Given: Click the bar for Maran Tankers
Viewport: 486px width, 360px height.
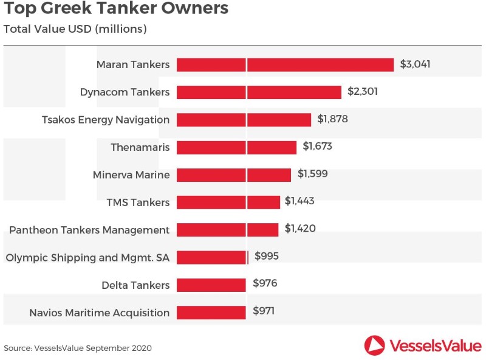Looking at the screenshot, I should (286, 64).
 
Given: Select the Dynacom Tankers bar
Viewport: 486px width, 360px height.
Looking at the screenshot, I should (259, 92).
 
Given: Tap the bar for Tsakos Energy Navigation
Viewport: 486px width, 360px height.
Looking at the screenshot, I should (244, 119).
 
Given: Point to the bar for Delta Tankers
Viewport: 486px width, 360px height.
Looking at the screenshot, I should (211, 285).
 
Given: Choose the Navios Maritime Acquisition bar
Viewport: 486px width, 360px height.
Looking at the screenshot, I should (211, 313).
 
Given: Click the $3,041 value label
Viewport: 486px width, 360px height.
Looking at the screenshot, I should (415, 64).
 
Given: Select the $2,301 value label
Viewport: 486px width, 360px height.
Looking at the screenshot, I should (363, 92).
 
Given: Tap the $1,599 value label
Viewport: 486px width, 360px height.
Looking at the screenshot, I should (312, 175).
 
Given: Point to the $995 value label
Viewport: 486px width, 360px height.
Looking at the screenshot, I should (267, 257).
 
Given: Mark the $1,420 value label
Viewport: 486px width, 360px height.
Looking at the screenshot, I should (300, 229).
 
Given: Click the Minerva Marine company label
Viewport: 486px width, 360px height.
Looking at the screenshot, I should (131, 175).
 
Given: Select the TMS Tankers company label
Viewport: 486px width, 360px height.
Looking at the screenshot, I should (138, 202).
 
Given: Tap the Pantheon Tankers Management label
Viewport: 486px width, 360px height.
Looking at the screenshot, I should (89, 230).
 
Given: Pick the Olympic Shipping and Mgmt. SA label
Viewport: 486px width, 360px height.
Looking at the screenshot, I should (87, 257).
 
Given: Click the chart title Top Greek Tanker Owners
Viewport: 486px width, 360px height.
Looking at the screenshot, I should (116, 9).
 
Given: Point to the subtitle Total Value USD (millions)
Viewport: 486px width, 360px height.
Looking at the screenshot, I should (75, 29).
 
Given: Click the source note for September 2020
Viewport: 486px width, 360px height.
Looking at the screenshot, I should (77, 348).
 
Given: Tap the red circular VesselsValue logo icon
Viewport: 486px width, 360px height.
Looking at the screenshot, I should (375, 345).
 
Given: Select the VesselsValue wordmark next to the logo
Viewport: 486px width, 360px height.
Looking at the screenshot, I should (436, 345).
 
